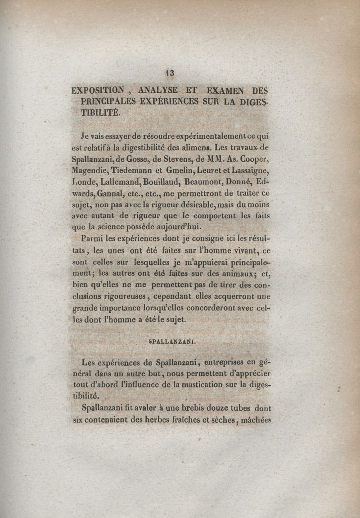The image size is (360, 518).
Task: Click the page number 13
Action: (x=170, y=73)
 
